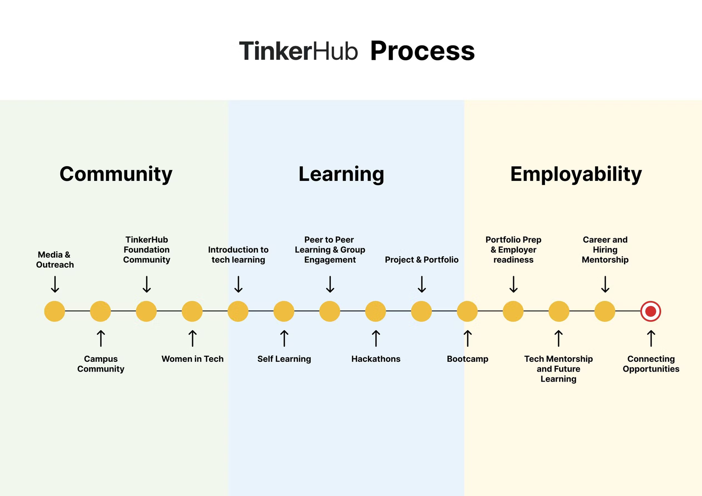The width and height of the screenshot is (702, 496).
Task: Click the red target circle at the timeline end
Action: (x=651, y=311)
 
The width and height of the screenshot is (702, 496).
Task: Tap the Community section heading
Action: (x=116, y=174)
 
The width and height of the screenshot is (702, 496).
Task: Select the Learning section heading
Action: (x=341, y=174)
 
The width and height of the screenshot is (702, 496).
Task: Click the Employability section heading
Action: (x=576, y=174)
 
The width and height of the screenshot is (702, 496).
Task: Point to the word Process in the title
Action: (x=422, y=51)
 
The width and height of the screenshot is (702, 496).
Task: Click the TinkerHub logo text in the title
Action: (x=298, y=51)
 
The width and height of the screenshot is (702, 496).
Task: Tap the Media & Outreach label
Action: (x=55, y=259)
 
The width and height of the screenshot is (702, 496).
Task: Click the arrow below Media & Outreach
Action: (x=55, y=284)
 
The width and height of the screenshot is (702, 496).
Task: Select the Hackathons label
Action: (x=376, y=359)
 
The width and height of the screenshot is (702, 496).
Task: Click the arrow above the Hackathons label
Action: (x=376, y=338)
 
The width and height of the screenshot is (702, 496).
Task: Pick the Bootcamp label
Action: (x=468, y=359)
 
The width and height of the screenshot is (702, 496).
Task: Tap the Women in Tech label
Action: (x=192, y=359)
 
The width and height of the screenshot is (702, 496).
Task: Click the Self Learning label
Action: (x=284, y=359)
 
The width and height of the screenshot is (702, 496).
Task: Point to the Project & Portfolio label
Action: (x=422, y=259)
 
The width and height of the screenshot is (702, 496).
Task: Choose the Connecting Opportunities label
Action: (x=651, y=364)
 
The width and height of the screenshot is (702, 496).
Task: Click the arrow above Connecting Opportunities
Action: (x=651, y=338)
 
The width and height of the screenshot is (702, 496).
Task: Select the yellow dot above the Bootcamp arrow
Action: (x=467, y=311)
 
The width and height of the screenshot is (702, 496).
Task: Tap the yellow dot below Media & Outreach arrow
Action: (x=55, y=311)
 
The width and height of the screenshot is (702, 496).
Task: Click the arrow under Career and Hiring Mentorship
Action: (x=606, y=284)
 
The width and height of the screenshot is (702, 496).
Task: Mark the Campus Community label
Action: (x=101, y=364)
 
